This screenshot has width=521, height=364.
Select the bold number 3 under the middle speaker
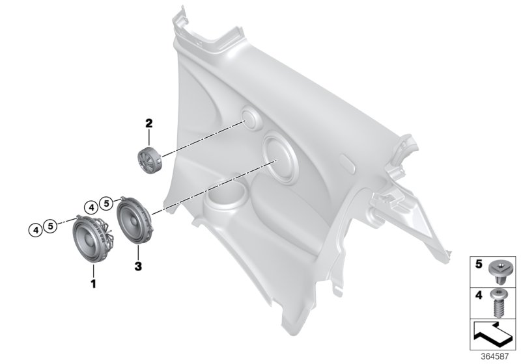[x=137, y=266]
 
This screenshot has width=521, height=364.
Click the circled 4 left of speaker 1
[x=35, y=227]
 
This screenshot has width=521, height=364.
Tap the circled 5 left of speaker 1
[x=49, y=227]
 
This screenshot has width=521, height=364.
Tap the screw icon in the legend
[x=498, y=302]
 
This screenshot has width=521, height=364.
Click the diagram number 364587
[x=498, y=355]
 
